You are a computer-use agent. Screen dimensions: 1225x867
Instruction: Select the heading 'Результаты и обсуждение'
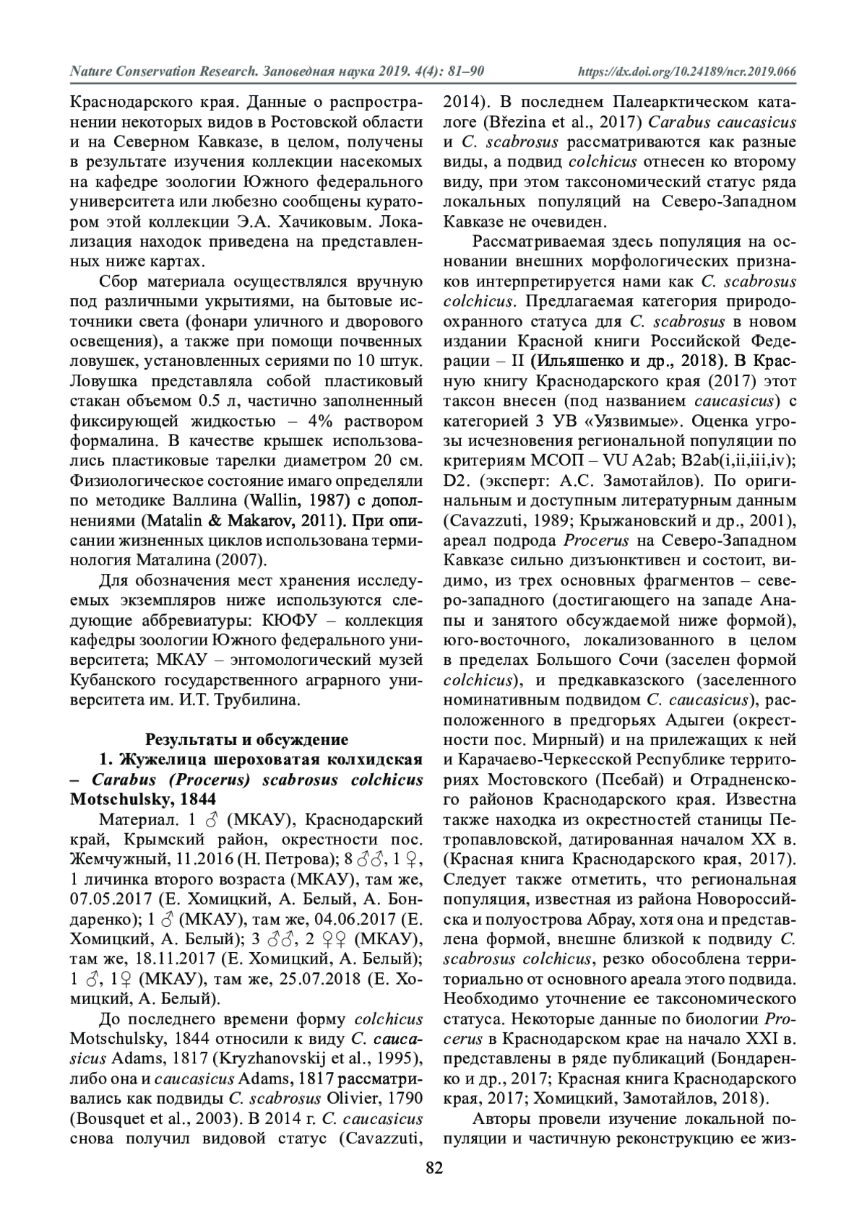[246, 739]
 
